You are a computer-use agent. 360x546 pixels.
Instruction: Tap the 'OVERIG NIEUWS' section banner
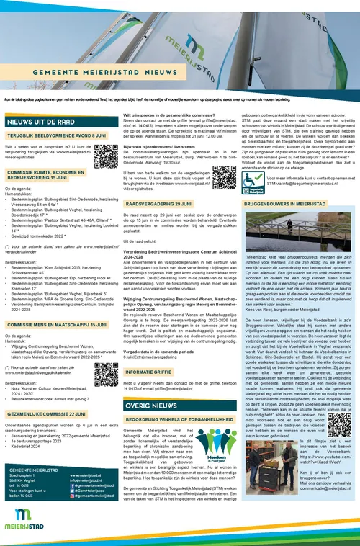tap(152, 406)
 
